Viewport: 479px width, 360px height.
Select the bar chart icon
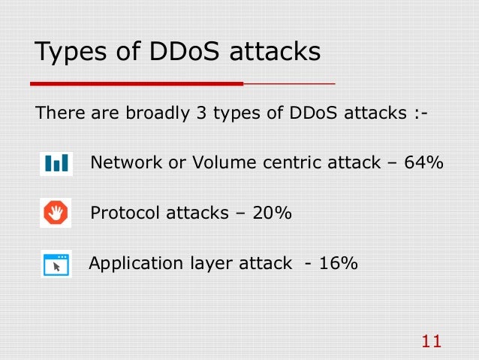click(56, 163)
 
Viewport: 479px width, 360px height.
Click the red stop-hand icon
click(56, 213)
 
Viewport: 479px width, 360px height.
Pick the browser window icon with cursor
click(56, 265)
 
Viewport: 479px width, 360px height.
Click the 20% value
click(272, 213)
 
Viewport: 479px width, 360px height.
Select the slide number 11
click(431, 342)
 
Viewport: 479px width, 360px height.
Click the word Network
click(122, 162)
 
